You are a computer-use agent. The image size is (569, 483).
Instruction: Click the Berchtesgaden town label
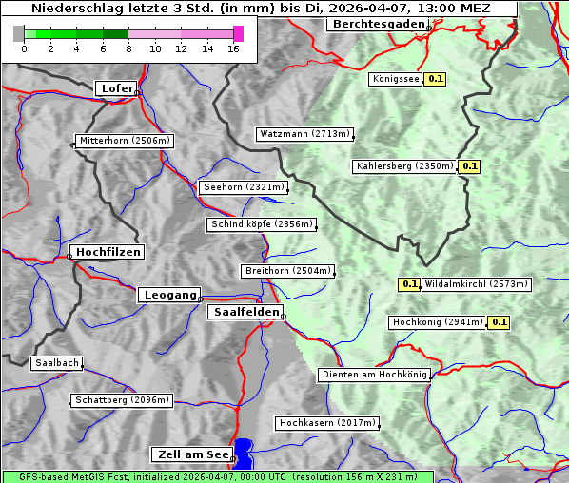coord(377,24)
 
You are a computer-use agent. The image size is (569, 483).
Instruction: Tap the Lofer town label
coord(117,88)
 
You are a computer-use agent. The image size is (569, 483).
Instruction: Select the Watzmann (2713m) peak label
coord(304,134)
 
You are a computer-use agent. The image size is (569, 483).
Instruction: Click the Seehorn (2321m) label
coord(244,187)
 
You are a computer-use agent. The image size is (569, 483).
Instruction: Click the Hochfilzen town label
coord(108,252)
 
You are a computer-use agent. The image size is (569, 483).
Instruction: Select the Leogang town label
coord(170,295)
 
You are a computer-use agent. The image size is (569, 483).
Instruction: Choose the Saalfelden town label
coord(245,312)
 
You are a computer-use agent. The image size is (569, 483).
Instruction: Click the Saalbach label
coord(56,363)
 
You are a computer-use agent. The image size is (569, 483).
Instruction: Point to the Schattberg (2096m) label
coord(122,400)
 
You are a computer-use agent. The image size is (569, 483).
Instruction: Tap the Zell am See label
coord(191,454)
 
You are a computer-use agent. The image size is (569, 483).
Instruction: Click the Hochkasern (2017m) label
coord(326,423)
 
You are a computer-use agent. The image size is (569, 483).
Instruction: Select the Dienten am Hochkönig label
coord(374,375)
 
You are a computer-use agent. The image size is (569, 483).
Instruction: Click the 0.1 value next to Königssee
coord(436,80)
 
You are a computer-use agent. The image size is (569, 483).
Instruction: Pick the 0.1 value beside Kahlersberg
coord(469,166)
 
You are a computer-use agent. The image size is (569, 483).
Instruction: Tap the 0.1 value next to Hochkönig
coord(499,322)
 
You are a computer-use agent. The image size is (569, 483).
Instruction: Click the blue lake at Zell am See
coord(245,453)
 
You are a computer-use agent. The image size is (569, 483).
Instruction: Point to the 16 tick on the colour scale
coord(234,48)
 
